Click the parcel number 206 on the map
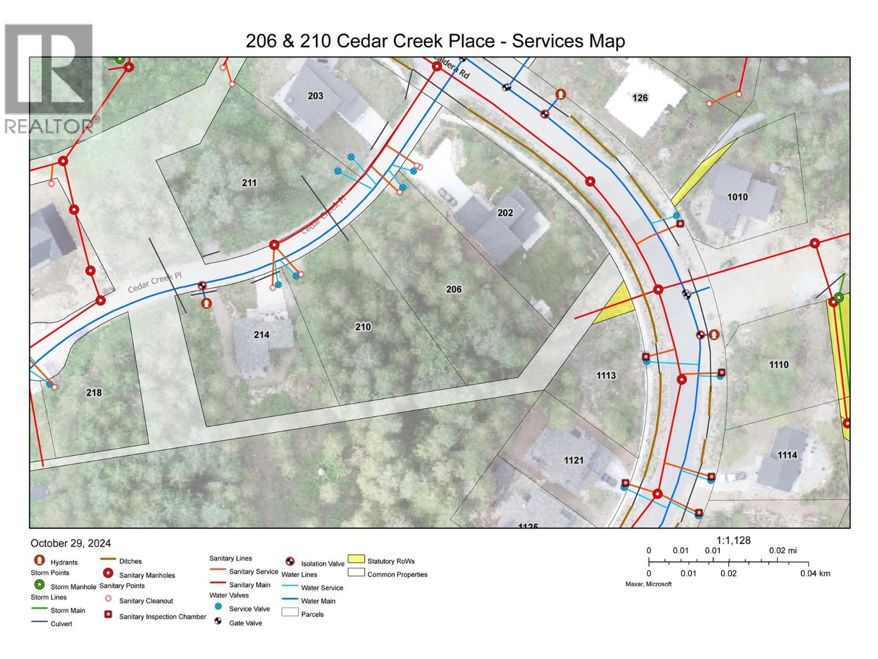coord(454,289)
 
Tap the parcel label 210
coord(363,327)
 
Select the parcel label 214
coord(261,334)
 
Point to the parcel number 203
coord(316,96)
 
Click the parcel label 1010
coord(737,197)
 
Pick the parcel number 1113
coord(606,376)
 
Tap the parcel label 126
coord(640,98)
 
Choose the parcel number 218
coord(94,393)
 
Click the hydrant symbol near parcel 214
coord(206,303)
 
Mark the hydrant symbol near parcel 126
coord(560,94)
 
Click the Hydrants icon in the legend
coord(39,560)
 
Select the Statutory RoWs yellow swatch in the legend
coord(356,559)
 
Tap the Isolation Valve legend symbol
coord(290,561)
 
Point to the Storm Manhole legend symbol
coord(39,585)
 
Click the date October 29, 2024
coord(71,543)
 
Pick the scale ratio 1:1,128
coord(733,540)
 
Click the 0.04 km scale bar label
coord(815,573)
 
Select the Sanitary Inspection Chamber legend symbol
coord(108,615)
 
